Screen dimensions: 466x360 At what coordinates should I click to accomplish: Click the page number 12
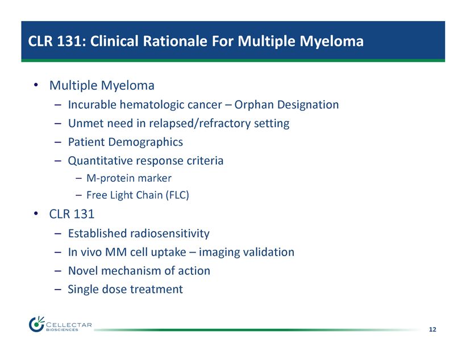coord(432,329)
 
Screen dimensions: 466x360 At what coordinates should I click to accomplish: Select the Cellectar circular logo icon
coord(36,324)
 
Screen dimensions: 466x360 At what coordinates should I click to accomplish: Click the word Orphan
coord(254,105)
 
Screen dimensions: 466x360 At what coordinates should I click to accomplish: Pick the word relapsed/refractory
coord(199,124)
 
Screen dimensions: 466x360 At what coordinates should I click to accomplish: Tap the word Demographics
coord(145,143)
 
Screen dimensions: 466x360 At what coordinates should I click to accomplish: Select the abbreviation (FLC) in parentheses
coord(177,195)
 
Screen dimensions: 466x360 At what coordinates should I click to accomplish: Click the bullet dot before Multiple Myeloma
coord(36,85)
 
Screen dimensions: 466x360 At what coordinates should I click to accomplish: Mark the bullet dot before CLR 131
coord(36,214)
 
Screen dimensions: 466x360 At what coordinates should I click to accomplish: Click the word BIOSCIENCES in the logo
coord(62,330)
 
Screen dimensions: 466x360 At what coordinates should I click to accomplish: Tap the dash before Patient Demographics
coord(58,143)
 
